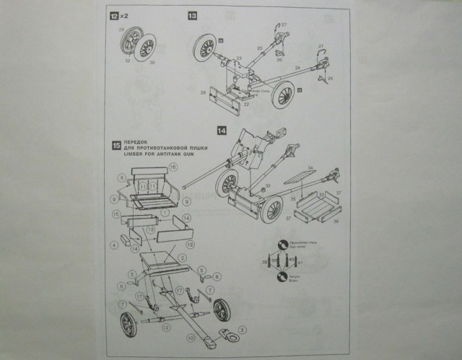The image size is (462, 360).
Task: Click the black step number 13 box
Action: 191,15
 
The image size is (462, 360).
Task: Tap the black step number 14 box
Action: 222,131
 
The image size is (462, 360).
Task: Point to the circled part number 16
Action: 173,168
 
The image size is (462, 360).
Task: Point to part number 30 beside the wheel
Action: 152,63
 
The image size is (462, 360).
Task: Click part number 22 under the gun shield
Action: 245,105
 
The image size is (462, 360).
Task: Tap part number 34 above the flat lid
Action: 310,168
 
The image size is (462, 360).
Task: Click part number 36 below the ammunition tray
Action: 335,221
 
